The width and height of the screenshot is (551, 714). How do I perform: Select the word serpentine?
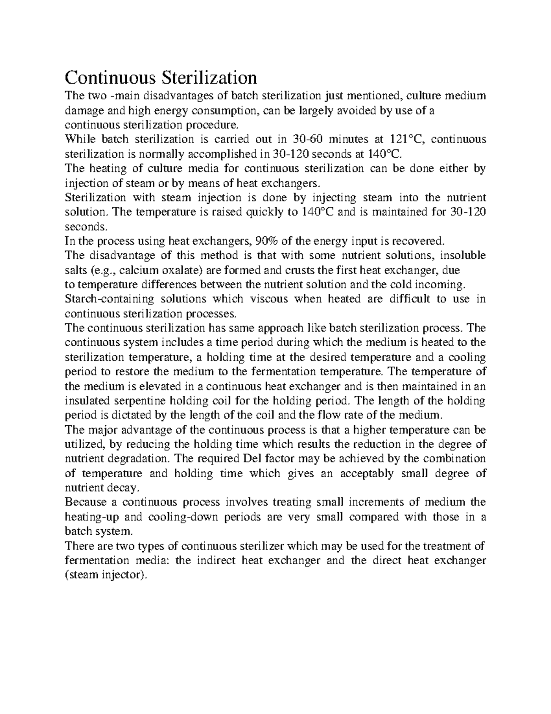135,400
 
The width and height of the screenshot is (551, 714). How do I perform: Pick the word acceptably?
366,473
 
